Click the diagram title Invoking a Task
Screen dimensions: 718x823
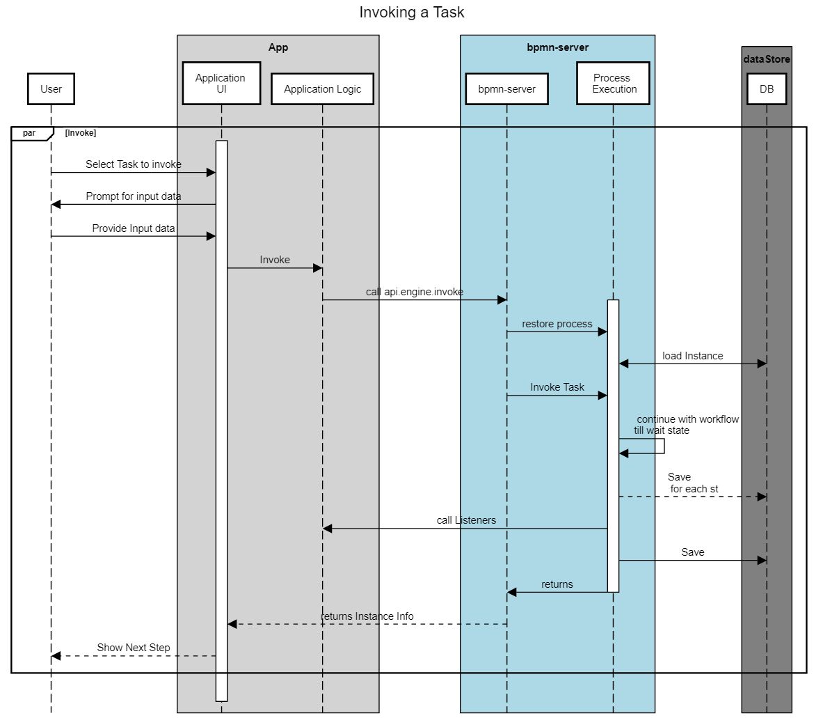[x=411, y=13]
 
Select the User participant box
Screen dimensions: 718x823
[x=51, y=89]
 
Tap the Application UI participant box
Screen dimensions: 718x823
[x=221, y=84]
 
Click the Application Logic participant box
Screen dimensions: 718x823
[x=322, y=89]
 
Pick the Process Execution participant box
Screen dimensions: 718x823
[x=613, y=84]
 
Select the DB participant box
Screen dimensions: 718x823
[x=766, y=89]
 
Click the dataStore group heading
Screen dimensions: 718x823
[x=766, y=59]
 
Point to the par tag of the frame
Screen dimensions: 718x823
[x=29, y=133]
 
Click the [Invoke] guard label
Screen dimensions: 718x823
[x=81, y=133]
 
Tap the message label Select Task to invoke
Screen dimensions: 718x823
[x=134, y=164]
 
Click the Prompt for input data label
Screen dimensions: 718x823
[x=134, y=196]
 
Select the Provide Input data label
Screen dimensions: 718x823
[x=134, y=228]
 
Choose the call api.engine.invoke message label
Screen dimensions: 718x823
[x=415, y=292]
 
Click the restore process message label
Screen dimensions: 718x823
[x=557, y=324]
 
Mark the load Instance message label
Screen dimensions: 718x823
[x=692, y=356]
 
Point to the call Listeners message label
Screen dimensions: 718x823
[x=466, y=520]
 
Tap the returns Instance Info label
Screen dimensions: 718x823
[x=367, y=616]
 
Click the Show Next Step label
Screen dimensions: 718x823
[x=134, y=648]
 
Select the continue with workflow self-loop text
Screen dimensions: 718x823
[x=687, y=419]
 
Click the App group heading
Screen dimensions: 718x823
[x=278, y=47]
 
